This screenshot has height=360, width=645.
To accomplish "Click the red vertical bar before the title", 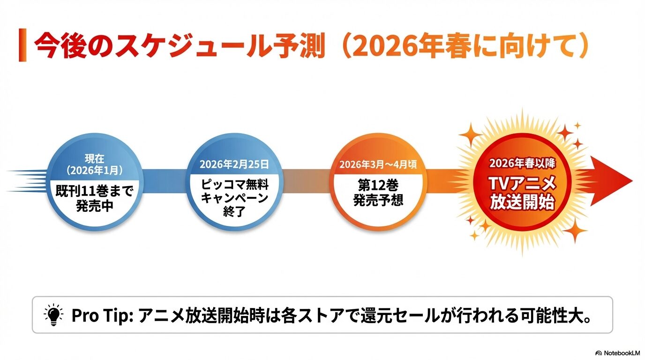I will pyautogui.click(x=22, y=45).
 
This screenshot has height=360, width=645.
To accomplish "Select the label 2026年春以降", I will pyautogui.click(x=522, y=164).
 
